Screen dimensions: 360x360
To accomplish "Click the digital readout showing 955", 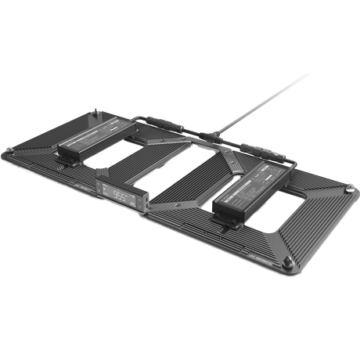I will click(119, 194).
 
